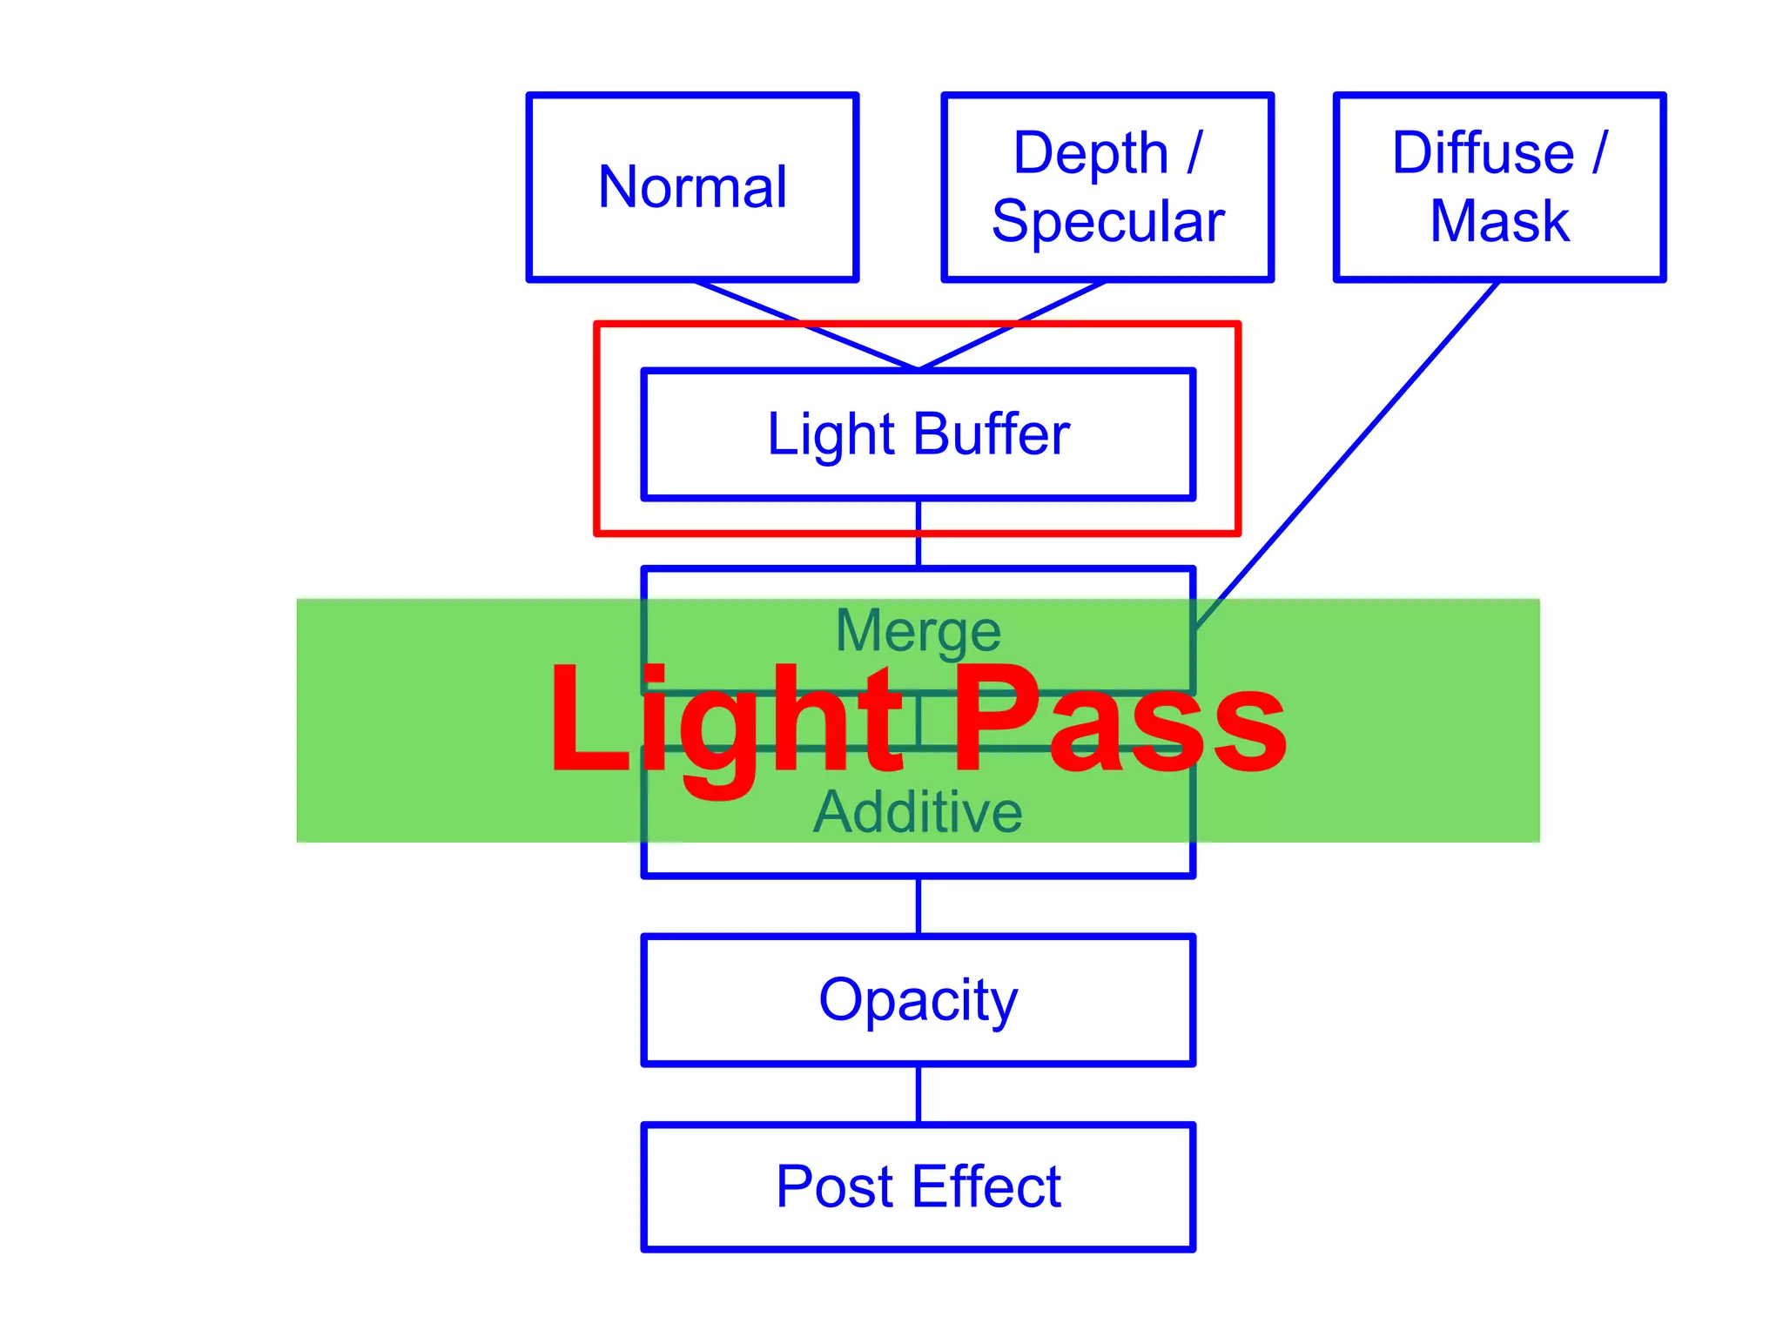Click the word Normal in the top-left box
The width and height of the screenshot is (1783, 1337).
pos(692,187)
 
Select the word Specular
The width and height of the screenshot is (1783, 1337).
pos(1107,222)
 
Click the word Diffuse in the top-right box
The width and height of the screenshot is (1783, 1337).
pos(1483,153)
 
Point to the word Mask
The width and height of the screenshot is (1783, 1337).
pos(1499,221)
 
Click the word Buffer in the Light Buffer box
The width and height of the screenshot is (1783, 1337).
pos(992,434)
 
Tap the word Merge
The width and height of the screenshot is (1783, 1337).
pos(918,631)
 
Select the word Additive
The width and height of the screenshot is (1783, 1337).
pos(918,812)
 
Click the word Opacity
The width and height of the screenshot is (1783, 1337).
pos(918,1000)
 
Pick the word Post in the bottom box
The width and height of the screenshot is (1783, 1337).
pos(834,1186)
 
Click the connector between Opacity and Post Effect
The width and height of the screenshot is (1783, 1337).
pos(918,1094)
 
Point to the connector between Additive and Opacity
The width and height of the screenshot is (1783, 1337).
pos(918,906)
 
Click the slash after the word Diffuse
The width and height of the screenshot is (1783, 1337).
pos(1599,153)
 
